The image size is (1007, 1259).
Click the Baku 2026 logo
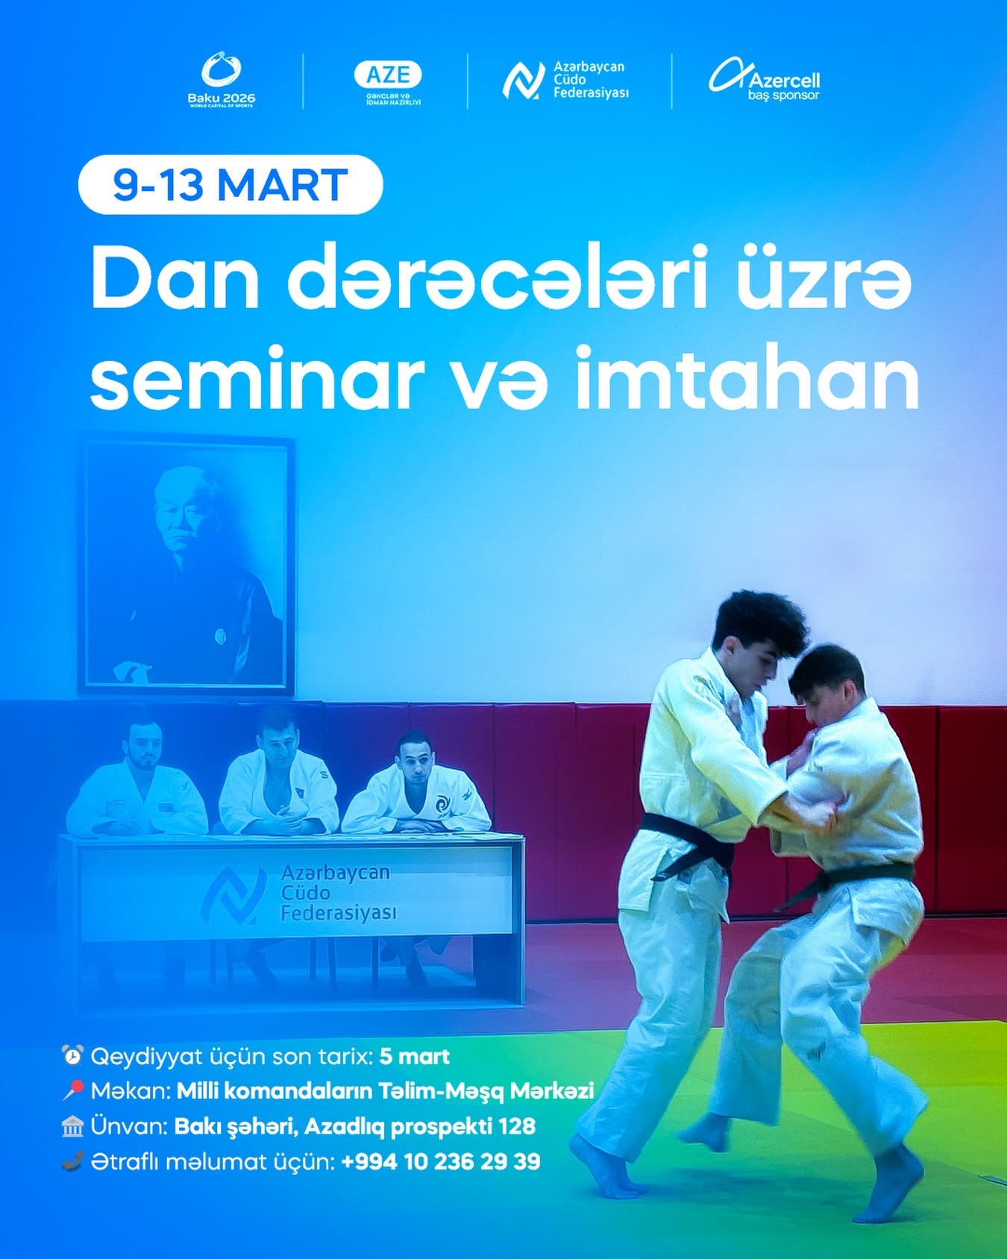(x=221, y=80)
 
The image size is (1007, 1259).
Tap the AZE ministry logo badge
(x=388, y=81)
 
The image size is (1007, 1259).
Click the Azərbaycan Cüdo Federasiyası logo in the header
(x=565, y=81)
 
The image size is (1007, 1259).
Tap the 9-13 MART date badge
(x=230, y=185)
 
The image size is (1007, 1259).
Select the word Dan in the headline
(x=175, y=282)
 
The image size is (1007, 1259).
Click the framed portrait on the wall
(x=186, y=565)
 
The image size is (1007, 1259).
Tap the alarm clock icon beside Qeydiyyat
(x=72, y=1055)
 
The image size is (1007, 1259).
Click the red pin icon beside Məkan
(x=72, y=1090)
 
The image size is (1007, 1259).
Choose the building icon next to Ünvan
(x=72, y=1125)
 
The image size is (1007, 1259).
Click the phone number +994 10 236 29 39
(x=440, y=1161)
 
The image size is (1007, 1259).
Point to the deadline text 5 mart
(x=414, y=1056)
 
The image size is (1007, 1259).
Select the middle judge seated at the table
(x=277, y=776)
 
